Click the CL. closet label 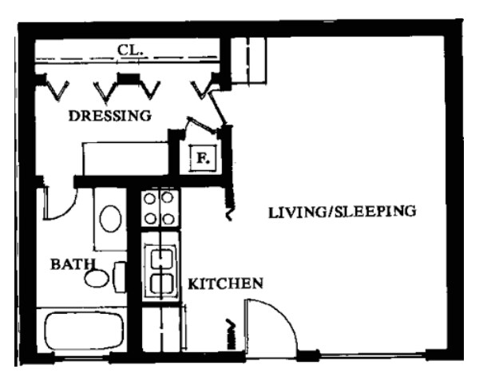point(129,50)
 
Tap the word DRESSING point(109,115)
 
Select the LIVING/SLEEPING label point(343,212)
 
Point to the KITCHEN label point(226,284)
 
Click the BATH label point(73,263)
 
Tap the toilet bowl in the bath point(98,278)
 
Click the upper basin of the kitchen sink point(161,258)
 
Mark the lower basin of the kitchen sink point(161,283)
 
